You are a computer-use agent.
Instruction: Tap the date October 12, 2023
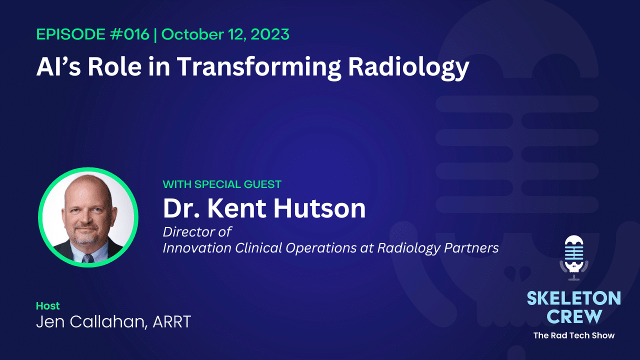coord(225,34)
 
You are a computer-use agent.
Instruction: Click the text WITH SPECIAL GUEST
coord(222,184)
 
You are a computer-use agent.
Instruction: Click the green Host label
coord(48,305)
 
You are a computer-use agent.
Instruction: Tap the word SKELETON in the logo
coord(573,299)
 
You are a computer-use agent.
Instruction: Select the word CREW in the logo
coord(573,316)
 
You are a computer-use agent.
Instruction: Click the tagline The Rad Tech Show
coord(573,335)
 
